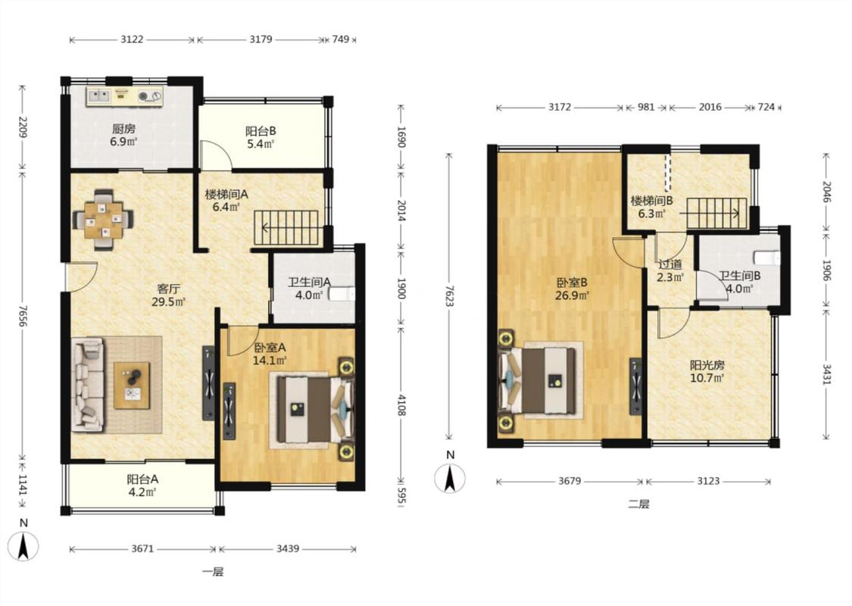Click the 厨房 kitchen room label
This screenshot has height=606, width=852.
pos(124,129)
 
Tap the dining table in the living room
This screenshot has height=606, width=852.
pos(104,220)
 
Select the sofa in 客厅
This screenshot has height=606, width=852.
pos(88,385)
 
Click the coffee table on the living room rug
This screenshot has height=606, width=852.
pos(132,386)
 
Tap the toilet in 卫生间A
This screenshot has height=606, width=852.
pos(342,295)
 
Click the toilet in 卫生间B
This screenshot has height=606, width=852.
pos(767,257)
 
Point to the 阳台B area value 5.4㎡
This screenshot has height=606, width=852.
pos(261,144)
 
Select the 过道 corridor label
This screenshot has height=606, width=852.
pos(670,264)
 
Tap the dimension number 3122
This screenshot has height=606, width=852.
pos(132,39)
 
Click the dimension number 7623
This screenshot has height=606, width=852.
pos(449,295)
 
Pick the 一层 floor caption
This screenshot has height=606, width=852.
pos(213,572)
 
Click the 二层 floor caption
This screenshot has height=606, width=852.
pos(638,504)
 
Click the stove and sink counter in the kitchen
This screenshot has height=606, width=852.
pos(125,96)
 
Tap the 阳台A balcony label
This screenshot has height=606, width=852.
pos(142,480)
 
